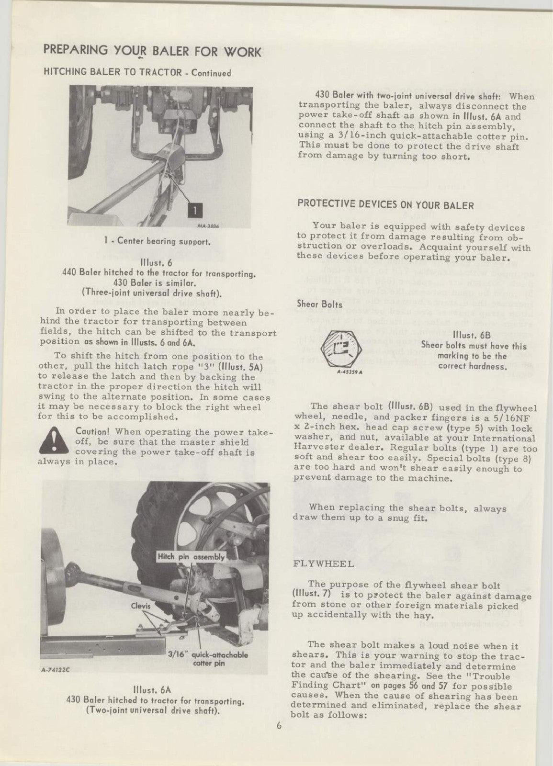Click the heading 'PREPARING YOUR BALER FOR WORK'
(x=152, y=51)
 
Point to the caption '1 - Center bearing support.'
(x=158, y=241)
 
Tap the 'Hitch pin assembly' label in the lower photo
(x=191, y=557)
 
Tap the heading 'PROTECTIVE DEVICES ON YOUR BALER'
(x=385, y=205)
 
